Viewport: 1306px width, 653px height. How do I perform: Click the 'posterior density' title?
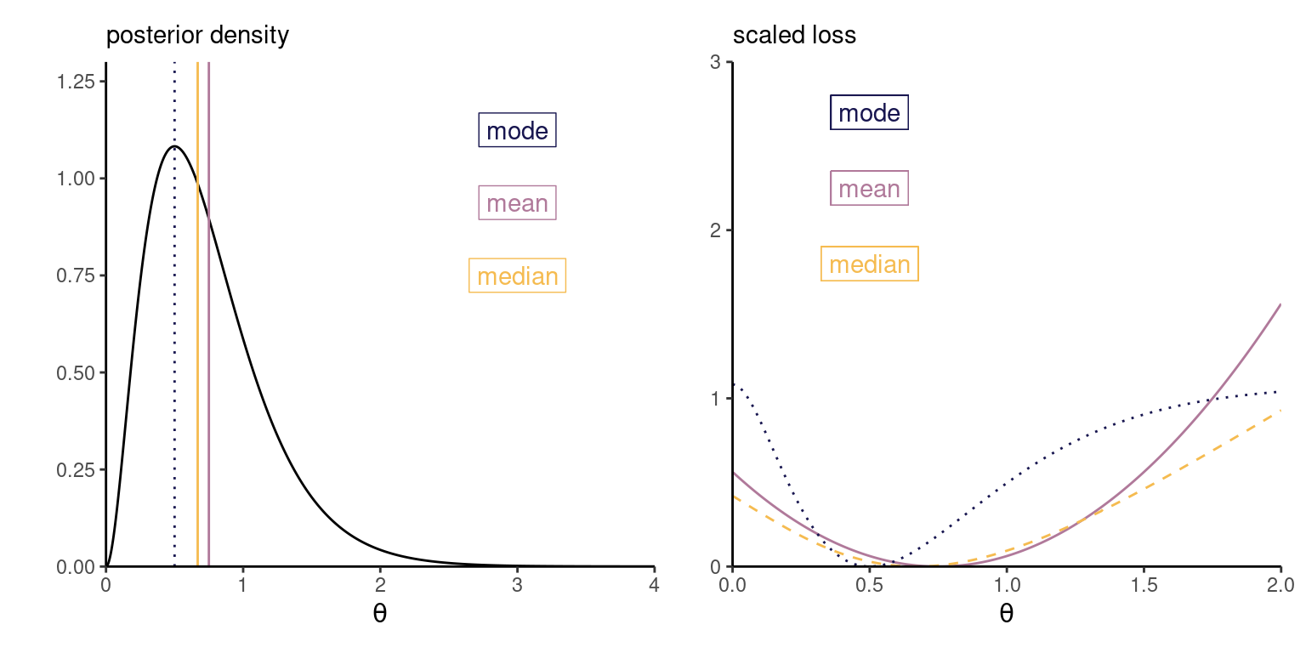click(x=197, y=36)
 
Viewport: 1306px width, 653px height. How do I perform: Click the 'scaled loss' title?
click(x=782, y=36)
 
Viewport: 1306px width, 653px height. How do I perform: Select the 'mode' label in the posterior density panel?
click(x=517, y=131)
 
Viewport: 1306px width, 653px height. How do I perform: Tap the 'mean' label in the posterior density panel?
click(x=517, y=203)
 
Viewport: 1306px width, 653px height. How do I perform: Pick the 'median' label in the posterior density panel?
click(x=517, y=276)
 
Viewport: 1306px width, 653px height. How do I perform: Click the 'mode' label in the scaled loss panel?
click(x=869, y=113)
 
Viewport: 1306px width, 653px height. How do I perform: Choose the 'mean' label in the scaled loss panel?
click(x=869, y=189)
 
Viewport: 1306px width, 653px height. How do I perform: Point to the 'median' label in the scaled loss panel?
click(x=869, y=264)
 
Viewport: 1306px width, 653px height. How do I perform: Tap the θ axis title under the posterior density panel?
click(x=379, y=613)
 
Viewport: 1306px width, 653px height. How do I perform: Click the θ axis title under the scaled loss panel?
click(x=1006, y=613)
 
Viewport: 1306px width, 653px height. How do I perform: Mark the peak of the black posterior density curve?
click(x=174, y=146)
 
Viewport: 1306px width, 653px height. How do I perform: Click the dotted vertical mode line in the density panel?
click(x=174, y=340)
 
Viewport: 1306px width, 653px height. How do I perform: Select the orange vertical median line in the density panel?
click(x=197, y=340)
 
